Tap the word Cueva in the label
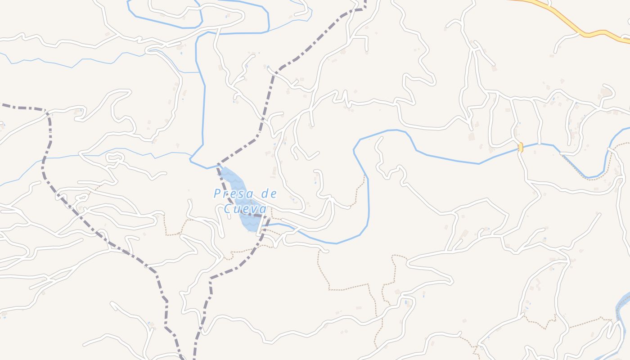tap(245, 209)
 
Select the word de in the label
tap(269, 194)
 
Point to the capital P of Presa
tap(217, 194)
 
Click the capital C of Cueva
tap(228, 209)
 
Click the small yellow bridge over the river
tap(521, 147)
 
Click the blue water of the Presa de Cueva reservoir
tap(238, 189)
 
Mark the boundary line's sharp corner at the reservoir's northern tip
tap(218, 165)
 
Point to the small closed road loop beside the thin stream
tap(115, 157)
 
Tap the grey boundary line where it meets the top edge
tap(364, 1)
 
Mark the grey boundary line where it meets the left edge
tap(1, 105)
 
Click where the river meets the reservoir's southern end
tap(263, 226)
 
